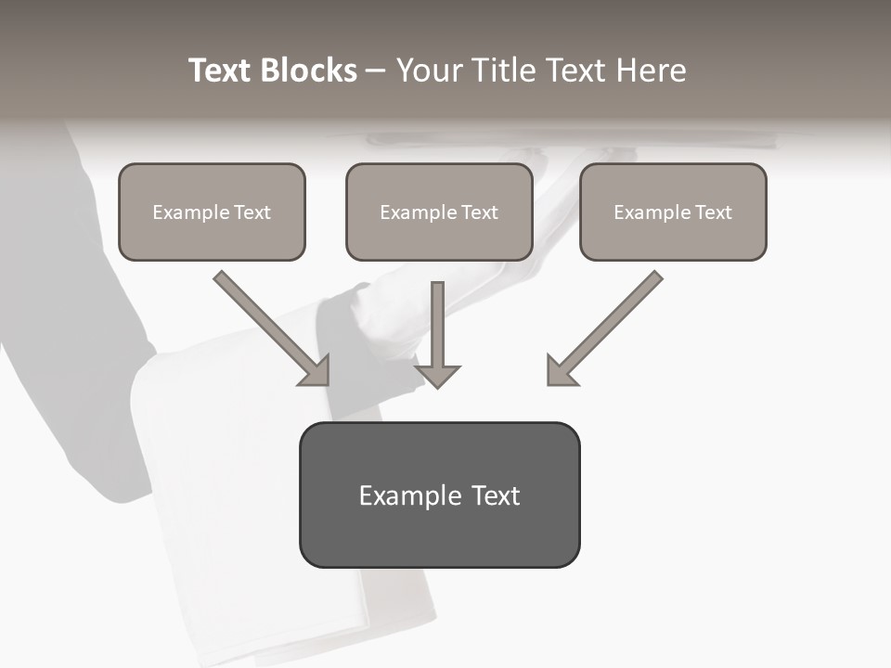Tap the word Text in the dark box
click(x=496, y=495)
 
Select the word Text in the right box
click(x=713, y=212)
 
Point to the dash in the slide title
click(x=376, y=71)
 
